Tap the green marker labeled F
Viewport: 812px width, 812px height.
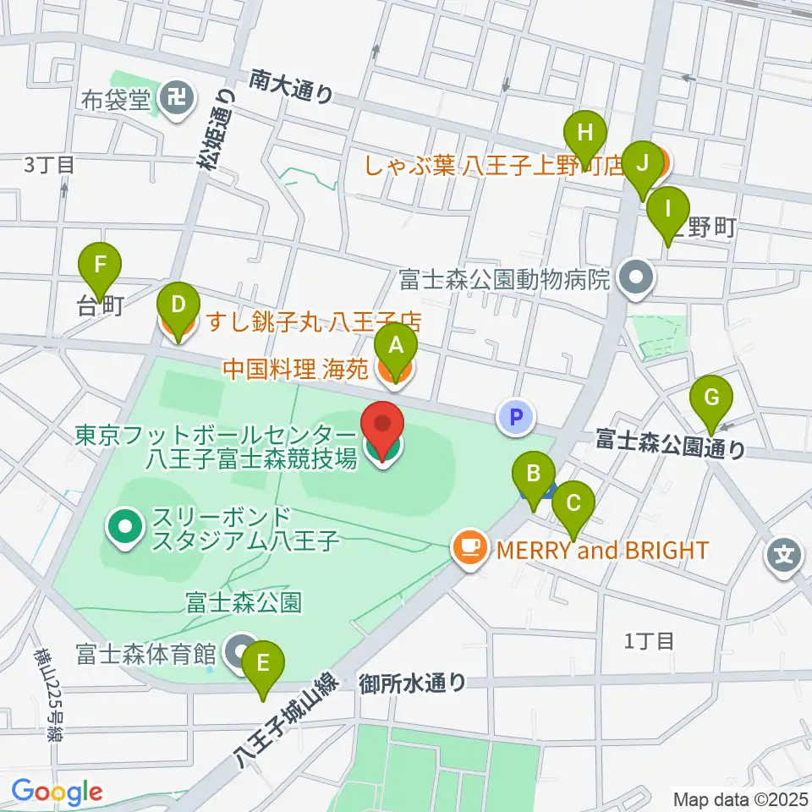[x=101, y=265]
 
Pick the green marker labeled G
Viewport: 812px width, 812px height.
[x=712, y=398]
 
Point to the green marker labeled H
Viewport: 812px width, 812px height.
[x=585, y=134]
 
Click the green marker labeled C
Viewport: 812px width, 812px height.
[x=573, y=504]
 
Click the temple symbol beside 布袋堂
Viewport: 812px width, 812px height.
[x=176, y=99]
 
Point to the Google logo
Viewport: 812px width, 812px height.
[x=57, y=793]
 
